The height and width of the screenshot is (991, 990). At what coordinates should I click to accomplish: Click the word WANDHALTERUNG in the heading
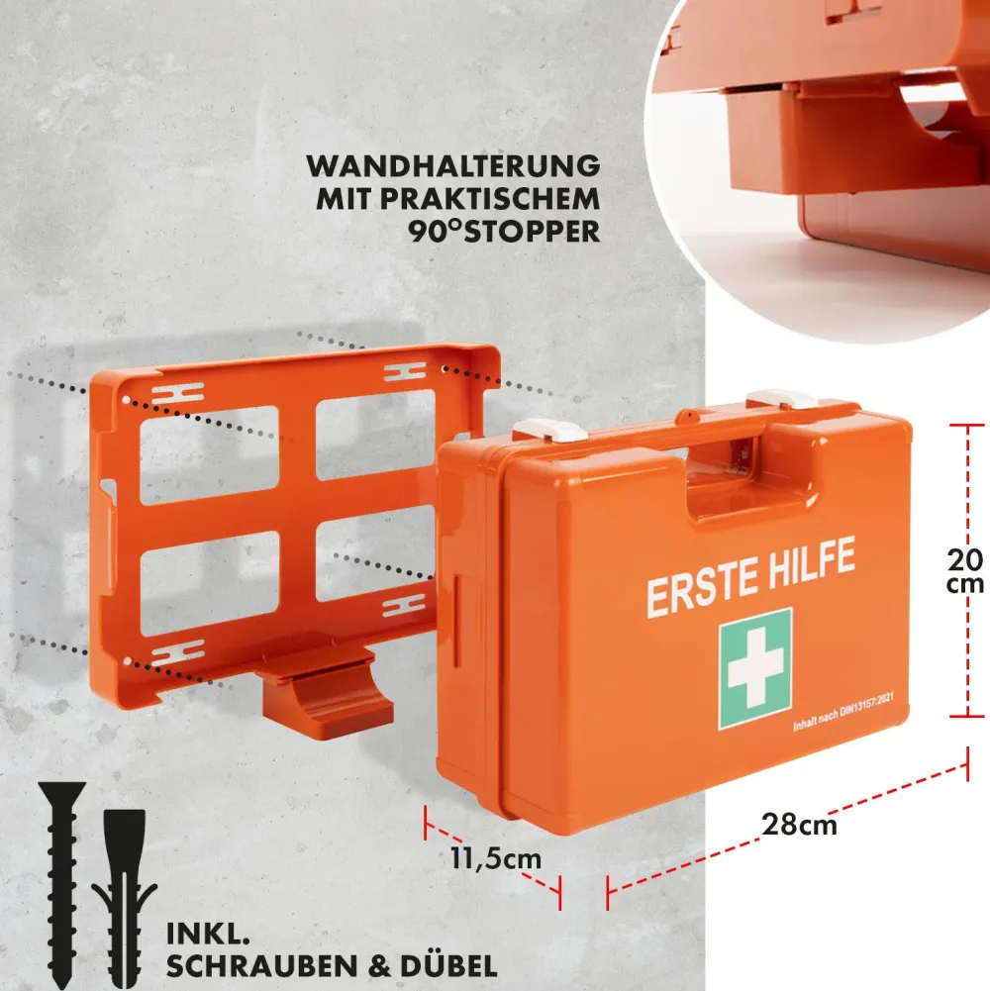453,166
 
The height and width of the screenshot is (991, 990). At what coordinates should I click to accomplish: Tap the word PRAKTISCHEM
489,199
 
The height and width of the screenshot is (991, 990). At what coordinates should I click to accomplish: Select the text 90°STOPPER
504,232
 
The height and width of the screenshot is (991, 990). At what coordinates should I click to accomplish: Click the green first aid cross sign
754,668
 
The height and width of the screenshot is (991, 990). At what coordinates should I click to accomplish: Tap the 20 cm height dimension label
964,571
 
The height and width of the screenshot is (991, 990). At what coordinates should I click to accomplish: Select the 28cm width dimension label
799,825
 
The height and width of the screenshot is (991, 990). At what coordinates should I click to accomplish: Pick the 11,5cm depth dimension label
496,859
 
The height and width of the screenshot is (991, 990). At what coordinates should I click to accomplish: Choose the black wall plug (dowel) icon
125,898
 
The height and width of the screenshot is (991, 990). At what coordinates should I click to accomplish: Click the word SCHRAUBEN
262,966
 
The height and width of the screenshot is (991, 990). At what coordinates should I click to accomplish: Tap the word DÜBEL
448,965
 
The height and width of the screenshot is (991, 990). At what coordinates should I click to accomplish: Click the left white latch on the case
550,431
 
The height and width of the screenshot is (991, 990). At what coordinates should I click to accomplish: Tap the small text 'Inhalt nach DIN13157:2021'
843,712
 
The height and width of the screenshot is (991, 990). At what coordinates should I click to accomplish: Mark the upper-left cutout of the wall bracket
209,455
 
